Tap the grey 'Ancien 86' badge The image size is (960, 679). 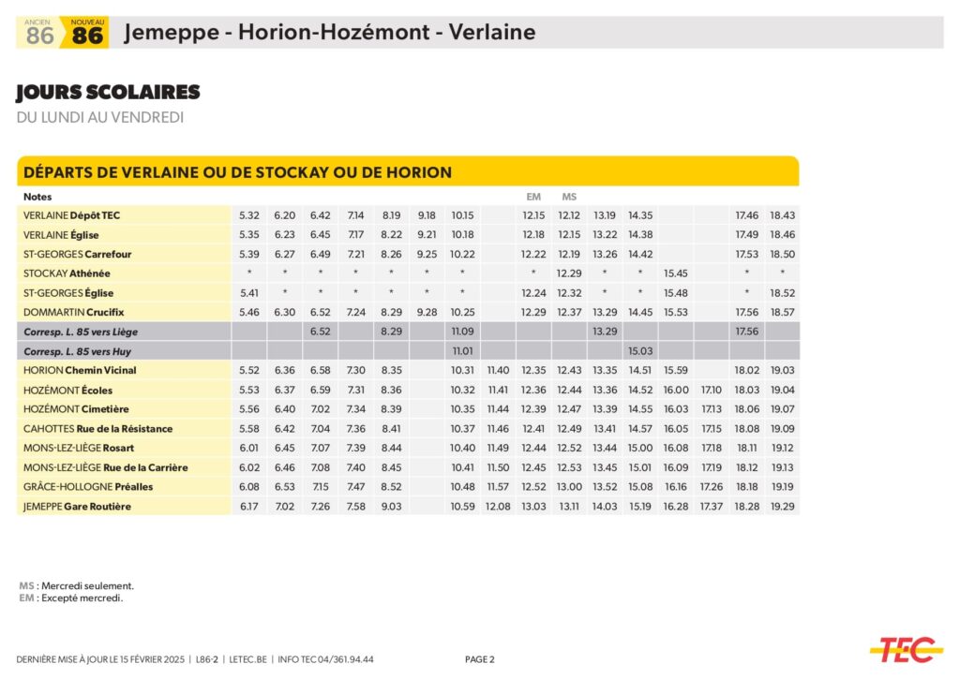coord(39,34)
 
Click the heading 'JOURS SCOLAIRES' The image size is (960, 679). coord(108,92)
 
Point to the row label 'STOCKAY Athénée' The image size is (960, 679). coord(67,273)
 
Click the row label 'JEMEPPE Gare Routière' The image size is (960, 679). coord(77,507)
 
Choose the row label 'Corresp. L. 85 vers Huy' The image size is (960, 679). coord(82,350)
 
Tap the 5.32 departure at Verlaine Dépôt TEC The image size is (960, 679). coord(249,215)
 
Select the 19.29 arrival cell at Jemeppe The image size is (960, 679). coord(782,507)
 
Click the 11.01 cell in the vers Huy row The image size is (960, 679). coord(462,350)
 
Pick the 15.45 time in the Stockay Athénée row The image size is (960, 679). coord(675,273)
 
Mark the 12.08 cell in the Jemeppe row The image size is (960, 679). coord(498,507)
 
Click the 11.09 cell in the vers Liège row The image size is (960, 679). coord(462,332)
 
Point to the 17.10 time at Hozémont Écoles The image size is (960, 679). coord(711,390)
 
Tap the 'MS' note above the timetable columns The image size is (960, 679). coord(569,197)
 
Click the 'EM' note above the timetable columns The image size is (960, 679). coord(533,197)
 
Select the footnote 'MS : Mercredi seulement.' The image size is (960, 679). coord(77,585)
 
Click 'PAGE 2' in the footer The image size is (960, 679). coord(479,659)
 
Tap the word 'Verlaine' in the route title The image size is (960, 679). coord(491,33)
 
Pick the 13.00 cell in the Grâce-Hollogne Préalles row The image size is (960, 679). coord(569,487)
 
